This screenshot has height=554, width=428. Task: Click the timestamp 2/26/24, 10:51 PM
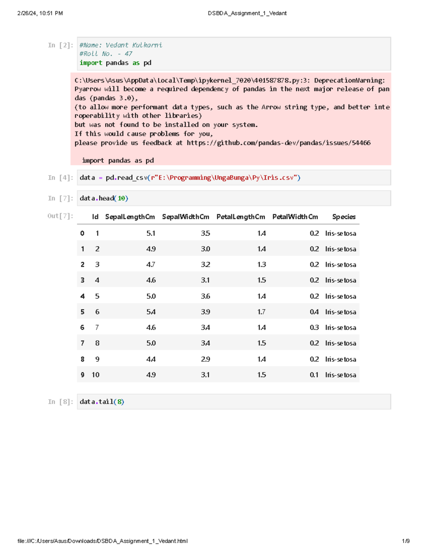(x=40, y=13)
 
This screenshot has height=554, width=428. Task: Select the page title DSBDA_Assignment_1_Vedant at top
(x=247, y=13)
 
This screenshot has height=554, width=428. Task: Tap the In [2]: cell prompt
(x=61, y=45)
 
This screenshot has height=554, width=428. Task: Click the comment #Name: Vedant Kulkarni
(x=121, y=45)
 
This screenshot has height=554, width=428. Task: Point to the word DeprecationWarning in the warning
(x=349, y=80)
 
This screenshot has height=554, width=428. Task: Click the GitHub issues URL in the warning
(x=279, y=143)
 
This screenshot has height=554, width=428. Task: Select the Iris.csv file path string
(x=225, y=178)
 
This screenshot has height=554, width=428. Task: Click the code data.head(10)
(x=104, y=198)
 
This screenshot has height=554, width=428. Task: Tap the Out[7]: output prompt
(x=60, y=216)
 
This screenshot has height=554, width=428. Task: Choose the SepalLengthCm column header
(x=130, y=217)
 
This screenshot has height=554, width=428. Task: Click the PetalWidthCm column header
(x=295, y=217)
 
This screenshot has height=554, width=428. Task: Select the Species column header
(x=344, y=217)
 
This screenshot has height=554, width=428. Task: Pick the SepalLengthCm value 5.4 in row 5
(x=151, y=312)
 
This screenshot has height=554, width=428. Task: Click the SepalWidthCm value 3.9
(x=205, y=312)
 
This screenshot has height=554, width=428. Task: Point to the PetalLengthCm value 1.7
(x=261, y=312)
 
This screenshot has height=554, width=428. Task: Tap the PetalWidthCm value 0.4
(x=314, y=312)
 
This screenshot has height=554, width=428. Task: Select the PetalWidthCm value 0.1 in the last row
(x=314, y=375)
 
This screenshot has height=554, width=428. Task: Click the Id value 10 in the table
(x=96, y=375)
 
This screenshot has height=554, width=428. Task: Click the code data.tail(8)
(x=102, y=402)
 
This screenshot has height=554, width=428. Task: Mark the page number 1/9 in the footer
(x=406, y=541)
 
